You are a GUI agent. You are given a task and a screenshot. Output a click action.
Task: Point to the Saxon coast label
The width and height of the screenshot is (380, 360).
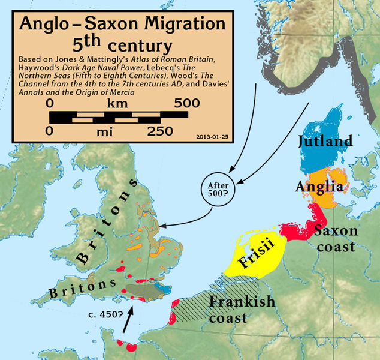(x=336, y=238)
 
